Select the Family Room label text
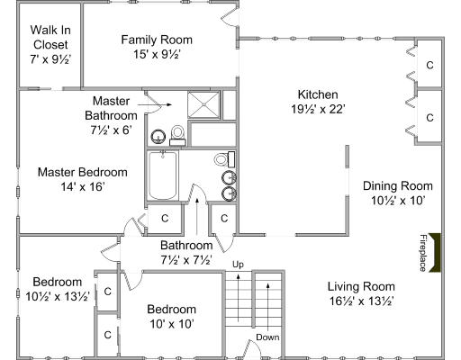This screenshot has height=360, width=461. point(157,40)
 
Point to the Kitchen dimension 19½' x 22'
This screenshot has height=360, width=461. point(318,109)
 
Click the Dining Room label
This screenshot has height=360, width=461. point(398,185)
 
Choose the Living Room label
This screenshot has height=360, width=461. point(361,286)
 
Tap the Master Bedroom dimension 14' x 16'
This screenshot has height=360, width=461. point(83,187)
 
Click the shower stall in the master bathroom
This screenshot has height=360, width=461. point(203,105)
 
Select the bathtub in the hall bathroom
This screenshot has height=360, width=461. point(163,175)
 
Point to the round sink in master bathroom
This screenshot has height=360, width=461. point(158,137)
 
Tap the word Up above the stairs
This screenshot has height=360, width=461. point(238,265)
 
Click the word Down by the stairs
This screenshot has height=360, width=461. point(267,337)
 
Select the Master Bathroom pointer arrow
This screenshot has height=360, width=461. point(155,104)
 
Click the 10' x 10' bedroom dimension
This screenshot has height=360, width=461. point(172,324)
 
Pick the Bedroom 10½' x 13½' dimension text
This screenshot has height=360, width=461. point(58,296)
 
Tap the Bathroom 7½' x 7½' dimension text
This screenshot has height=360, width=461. point(186,260)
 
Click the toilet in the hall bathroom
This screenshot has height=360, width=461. point(224,159)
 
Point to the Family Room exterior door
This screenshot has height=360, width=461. point(230,16)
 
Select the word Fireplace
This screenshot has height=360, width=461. point(423,253)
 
